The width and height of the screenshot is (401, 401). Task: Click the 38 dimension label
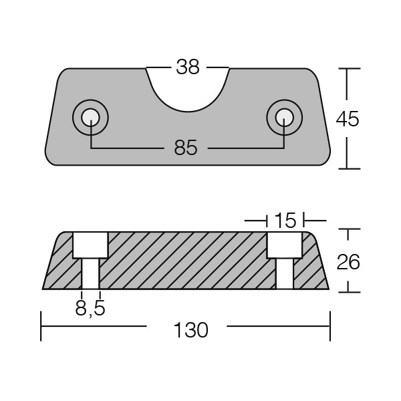point(188,67)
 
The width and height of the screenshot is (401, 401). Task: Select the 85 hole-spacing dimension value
point(186,148)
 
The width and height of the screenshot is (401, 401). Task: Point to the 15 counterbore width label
point(285,219)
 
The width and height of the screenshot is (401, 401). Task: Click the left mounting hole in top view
point(90,119)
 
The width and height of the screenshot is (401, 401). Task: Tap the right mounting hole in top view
point(283,119)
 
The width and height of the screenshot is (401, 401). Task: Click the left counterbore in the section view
point(90,245)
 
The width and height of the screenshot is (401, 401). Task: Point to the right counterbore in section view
point(285,245)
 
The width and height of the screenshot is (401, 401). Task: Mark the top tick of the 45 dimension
point(347,68)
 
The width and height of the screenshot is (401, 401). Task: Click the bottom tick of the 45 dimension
point(347,168)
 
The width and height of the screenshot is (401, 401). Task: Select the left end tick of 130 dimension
point(41,326)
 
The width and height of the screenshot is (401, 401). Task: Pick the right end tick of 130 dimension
point(330,326)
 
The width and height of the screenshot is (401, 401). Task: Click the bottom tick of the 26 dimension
point(347,291)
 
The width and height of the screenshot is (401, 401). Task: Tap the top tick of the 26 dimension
point(347,230)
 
